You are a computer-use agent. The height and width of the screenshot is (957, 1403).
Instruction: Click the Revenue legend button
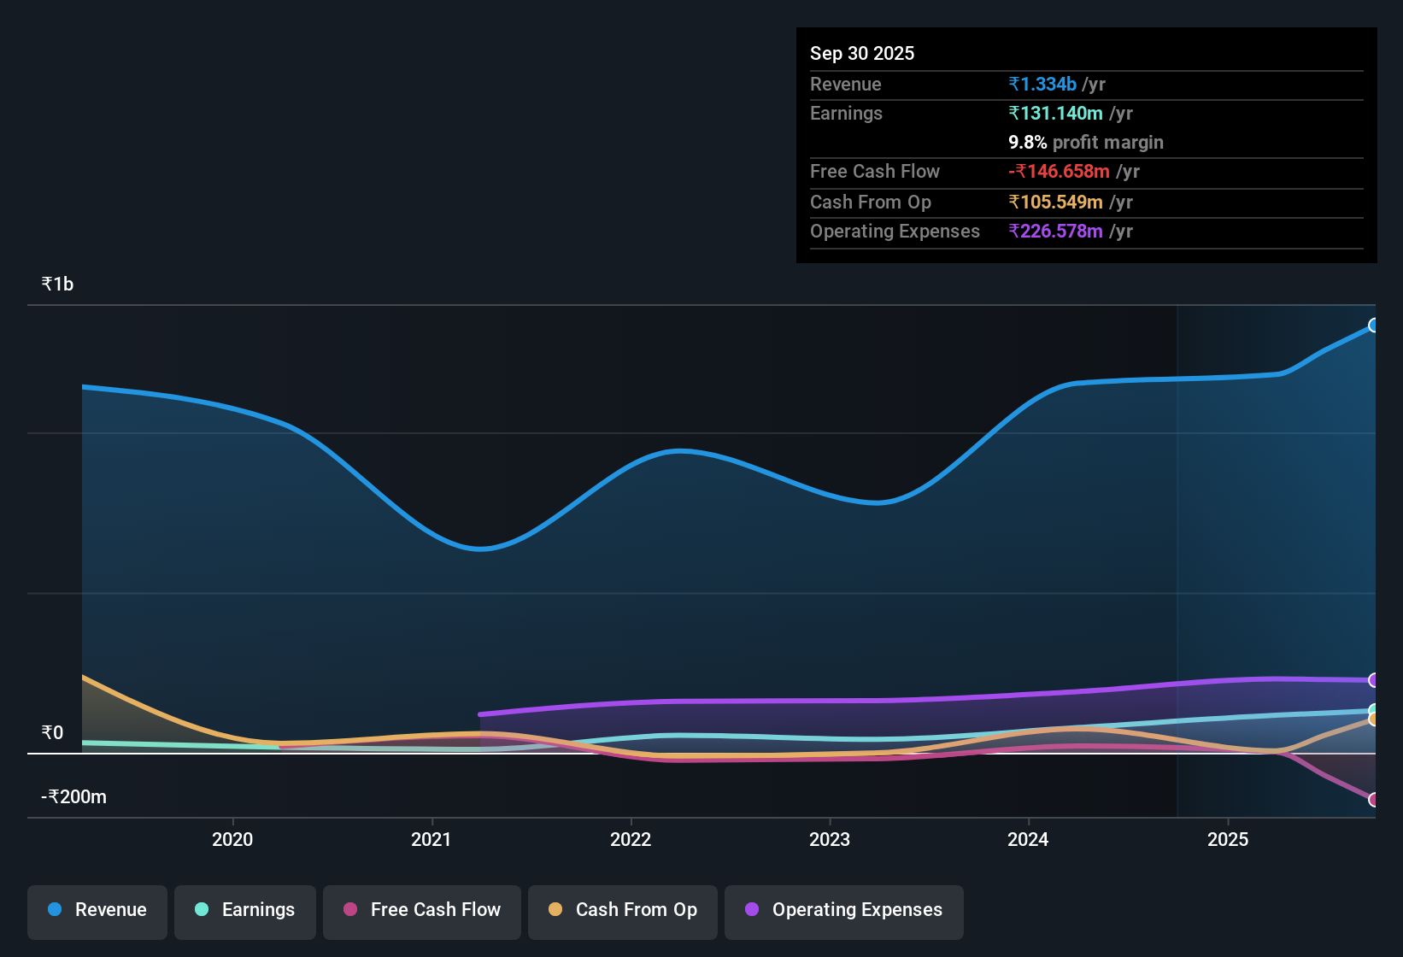tap(97, 910)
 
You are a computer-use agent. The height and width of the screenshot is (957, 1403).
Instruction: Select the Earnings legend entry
tap(245, 910)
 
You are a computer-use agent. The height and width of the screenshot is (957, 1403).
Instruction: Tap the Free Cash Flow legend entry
tap(422, 910)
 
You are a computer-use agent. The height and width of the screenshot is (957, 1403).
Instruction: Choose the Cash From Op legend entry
tap(623, 910)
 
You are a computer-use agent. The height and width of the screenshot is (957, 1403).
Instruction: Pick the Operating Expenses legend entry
tap(844, 910)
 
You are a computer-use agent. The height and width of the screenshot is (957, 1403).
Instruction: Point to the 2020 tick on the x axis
tap(232, 839)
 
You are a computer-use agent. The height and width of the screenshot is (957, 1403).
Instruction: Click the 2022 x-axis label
tap(631, 839)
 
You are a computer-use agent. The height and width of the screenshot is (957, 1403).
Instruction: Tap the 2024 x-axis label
tap(1028, 839)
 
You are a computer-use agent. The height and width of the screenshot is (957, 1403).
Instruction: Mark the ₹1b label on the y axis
tap(58, 285)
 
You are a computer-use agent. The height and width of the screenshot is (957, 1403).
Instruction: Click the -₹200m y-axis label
tap(74, 797)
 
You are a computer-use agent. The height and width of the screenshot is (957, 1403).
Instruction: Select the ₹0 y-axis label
tap(52, 733)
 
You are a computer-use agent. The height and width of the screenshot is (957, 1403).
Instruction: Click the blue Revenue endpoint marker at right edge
tap(1374, 326)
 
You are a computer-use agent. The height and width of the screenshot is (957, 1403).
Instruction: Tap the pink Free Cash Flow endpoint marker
tap(1374, 800)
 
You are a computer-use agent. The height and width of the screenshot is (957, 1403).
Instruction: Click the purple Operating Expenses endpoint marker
tap(1374, 680)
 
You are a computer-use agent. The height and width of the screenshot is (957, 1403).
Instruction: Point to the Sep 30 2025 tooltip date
tap(862, 53)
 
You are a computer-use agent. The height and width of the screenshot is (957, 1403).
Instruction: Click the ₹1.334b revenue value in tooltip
tap(1042, 84)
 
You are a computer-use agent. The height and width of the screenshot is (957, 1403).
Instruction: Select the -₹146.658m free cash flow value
tap(1059, 171)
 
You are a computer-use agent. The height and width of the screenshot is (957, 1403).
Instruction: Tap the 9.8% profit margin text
tap(1086, 143)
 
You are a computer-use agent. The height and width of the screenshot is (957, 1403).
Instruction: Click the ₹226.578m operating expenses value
tap(1055, 232)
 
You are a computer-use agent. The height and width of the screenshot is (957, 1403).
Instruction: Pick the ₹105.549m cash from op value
tap(1055, 202)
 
